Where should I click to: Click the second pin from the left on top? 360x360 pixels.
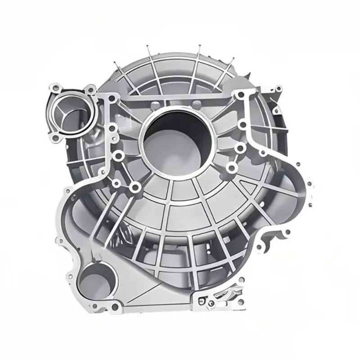pos(148,46)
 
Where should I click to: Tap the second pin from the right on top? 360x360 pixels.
pos(198,46)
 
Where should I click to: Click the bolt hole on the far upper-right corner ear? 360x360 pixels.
pos(278,89)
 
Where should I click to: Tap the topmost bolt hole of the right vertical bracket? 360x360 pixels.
pos(241,95)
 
